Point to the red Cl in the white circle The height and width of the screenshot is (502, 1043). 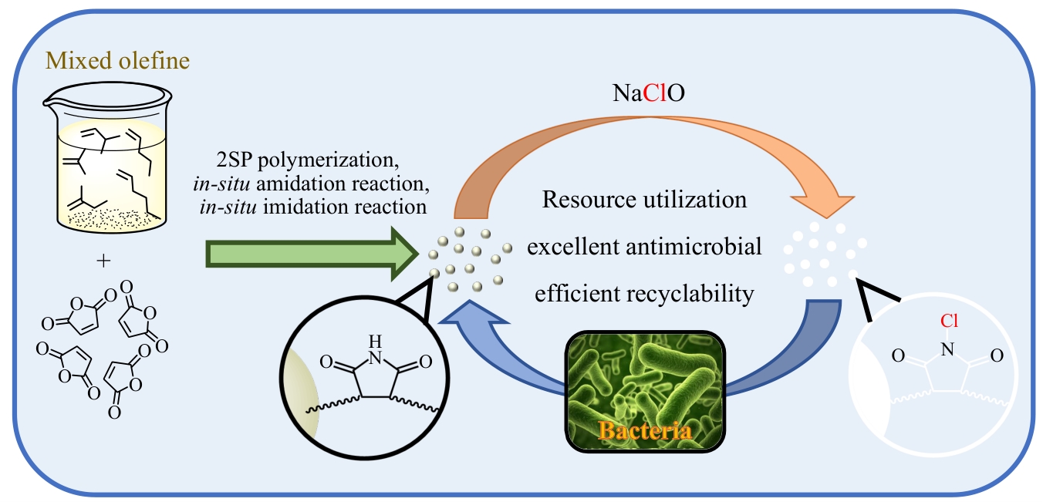(948, 319)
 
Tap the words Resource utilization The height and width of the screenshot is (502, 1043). (644, 200)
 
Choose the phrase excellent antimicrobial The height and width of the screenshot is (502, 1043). (644, 247)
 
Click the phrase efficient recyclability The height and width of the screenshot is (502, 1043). (644, 293)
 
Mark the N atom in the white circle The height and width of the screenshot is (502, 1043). (948, 349)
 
